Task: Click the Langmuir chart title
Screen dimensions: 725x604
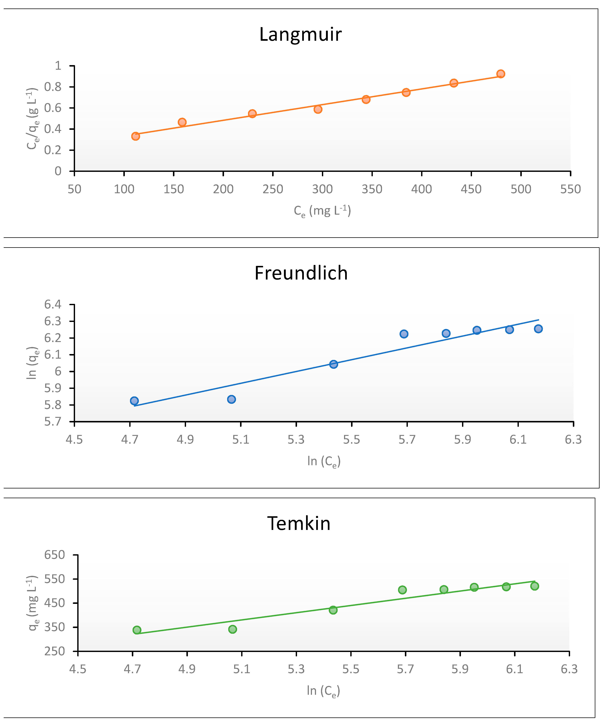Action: [x=300, y=34]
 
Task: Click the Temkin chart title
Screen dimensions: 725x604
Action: [x=299, y=523]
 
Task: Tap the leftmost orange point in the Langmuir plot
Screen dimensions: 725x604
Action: [x=136, y=136]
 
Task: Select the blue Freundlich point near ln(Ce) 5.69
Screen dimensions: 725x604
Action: [x=404, y=334]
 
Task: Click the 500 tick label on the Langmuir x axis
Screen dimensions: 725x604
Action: [x=521, y=189]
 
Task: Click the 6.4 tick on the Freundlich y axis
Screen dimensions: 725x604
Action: [x=53, y=304]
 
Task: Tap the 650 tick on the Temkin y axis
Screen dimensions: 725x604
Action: [x=55, y=555]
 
